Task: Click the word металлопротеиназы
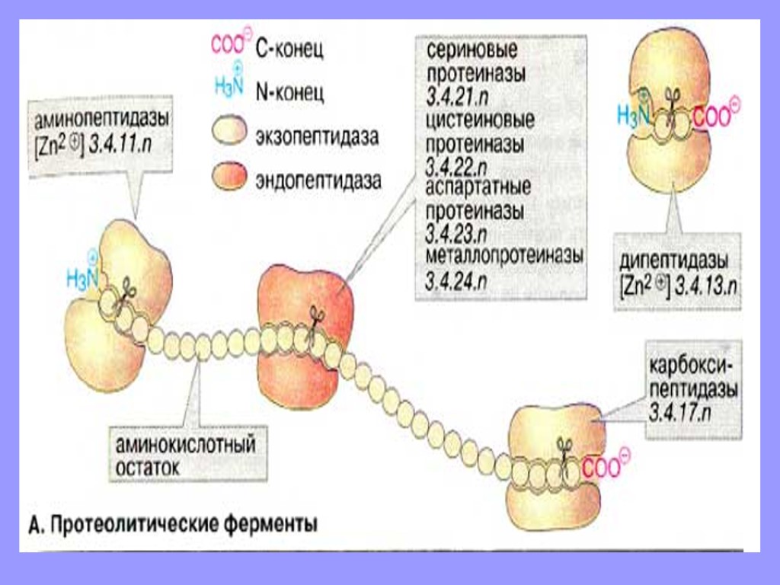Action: click(503, 255)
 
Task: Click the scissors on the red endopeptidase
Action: click(315, 318)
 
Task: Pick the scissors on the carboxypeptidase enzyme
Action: click(564, 446)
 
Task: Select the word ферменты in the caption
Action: click(266, 524)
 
